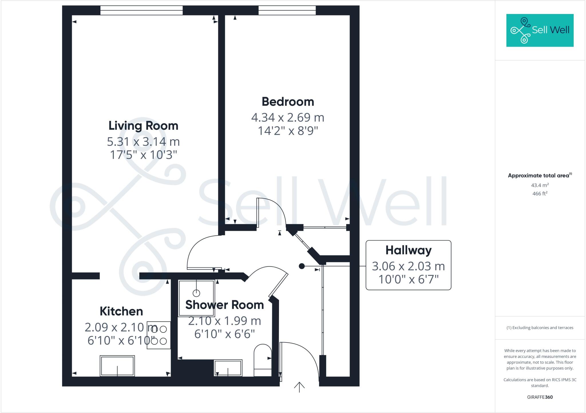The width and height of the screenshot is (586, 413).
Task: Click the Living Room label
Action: click(143, 126)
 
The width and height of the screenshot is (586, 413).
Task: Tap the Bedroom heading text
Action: click(288, 102)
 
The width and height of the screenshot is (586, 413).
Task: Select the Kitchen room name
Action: click(121, 311)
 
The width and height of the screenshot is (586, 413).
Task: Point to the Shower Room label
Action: click(225, 305)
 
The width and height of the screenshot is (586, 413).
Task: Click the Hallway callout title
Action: click(408, 250)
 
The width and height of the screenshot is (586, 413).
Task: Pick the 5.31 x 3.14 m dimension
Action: click(143, 142)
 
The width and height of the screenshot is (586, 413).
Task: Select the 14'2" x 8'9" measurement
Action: click(288, 131)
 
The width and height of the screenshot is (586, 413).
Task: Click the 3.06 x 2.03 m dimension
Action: click(408, 266)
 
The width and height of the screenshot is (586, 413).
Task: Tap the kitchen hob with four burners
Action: click(159, 335)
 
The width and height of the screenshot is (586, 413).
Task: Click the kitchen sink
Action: click(117, 366)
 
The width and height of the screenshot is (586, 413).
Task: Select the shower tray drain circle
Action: click(196, 293)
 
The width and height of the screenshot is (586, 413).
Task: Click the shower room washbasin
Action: click(228, 368)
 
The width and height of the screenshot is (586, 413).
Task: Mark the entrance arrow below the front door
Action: click(299, 387)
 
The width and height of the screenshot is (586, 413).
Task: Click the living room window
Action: click(141, 11)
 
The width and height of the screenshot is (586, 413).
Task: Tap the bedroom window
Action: click(287, 11)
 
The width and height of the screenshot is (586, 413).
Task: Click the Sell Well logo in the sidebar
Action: click(540, 30)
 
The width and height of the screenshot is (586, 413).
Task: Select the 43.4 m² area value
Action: click(540, 185)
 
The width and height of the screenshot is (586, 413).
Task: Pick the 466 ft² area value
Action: click(540, 194)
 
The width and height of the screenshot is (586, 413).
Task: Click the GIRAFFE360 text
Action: click(540, 397)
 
